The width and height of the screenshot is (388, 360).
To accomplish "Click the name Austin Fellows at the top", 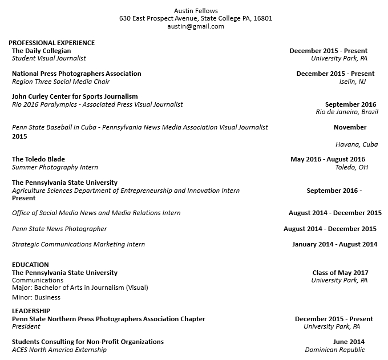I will (x=196, y=10).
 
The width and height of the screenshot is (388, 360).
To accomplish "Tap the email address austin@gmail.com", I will (x=196, y=26).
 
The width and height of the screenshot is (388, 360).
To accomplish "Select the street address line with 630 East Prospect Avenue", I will (x=196, y=18).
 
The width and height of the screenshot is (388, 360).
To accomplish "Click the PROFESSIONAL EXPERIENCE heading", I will (x=51, y=43).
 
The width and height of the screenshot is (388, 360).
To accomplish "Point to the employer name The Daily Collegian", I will (x=42, y=51).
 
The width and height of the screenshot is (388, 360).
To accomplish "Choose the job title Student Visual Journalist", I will (x=49, y=58).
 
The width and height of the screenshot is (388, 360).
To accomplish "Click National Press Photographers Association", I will (x=76, y=74).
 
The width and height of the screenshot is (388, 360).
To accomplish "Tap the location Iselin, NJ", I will (x=353, y=82).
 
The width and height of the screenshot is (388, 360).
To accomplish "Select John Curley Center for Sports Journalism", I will (x=75, y=96).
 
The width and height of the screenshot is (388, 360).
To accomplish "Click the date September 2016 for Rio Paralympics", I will (x=350, y=104).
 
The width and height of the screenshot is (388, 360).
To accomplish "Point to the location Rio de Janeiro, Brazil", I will (x=346, y=112).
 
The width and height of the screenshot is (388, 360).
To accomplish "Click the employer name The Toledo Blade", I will (x=38, y=159).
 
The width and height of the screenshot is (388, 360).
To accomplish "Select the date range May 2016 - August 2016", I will (x=328, y=159).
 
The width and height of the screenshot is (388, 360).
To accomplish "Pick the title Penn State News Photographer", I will (x=59, y=229).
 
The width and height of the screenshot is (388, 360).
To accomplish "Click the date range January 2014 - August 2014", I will (x=334, y=244).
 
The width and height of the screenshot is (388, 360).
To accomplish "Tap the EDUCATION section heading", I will (x=30, y=265).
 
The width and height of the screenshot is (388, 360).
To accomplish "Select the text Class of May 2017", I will (x=340, y=273).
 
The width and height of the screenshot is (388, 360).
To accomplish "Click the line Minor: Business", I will (x=36, y=297).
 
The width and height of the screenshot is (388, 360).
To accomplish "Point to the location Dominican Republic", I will (x=334, y=350).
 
